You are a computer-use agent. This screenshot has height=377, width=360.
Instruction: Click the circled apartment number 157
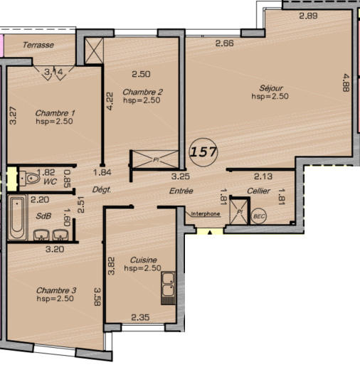pos(204,151)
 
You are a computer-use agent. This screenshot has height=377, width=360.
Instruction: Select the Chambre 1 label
pos(55,113)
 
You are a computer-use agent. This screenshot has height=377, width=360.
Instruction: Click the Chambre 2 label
pos(143,92)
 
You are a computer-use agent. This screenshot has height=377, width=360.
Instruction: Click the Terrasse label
pos(38,45)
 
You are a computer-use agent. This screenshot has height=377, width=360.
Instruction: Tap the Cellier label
pos(258,191)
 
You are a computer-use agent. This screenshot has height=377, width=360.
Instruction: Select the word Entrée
pos(181,191)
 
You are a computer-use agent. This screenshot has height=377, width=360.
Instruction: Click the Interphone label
pos(205,213)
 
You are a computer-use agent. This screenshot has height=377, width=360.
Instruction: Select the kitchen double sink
pos(169,288)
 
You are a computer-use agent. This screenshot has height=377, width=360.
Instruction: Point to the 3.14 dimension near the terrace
pos(53,72)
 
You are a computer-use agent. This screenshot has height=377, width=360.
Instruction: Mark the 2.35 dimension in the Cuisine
pos(140,318)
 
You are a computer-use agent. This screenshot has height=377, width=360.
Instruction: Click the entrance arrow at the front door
pos(209,231)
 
